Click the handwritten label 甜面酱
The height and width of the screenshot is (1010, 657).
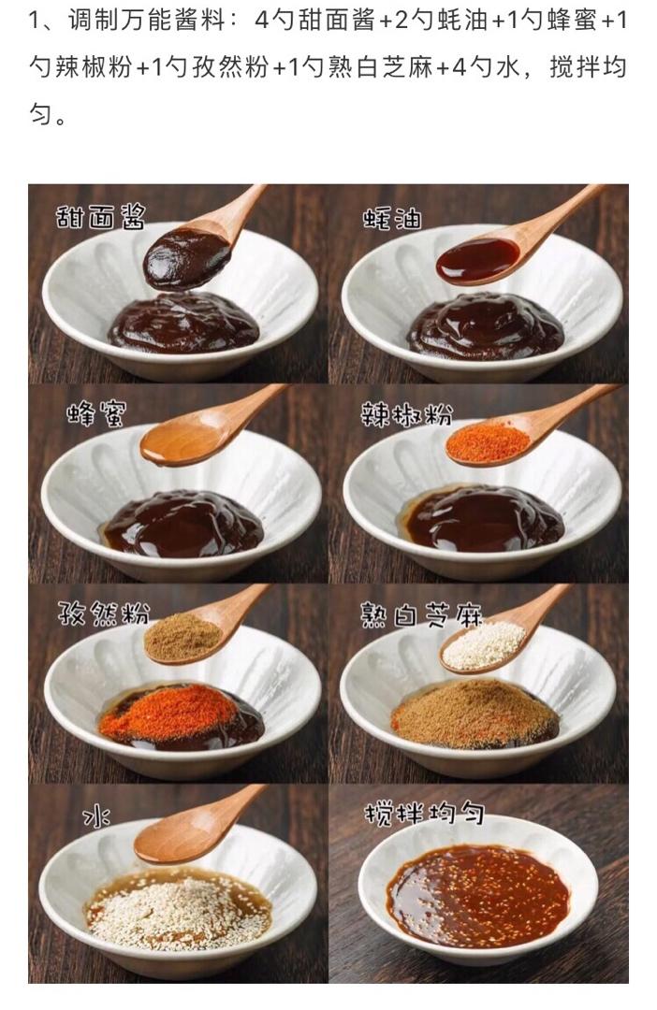coord(100,218)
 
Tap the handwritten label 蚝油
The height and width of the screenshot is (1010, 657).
coord(392,219)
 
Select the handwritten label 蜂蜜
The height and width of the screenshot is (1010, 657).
coord(96,414)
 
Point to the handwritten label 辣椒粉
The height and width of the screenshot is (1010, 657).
coord(406,415)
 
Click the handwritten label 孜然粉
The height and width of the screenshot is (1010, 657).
coord(103,613)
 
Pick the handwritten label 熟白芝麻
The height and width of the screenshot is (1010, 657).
coord(422,615)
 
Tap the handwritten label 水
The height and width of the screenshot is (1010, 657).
coord(96,817)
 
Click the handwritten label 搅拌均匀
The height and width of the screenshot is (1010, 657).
coord(424,815)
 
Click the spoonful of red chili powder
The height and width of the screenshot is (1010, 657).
coord(489,442)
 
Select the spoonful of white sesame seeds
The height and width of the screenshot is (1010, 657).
coord(484,644)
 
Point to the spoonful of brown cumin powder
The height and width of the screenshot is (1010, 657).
coord(183,637)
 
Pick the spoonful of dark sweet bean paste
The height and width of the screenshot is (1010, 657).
coord(187,258)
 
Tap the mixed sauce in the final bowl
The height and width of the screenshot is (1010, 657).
coord(477,896)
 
